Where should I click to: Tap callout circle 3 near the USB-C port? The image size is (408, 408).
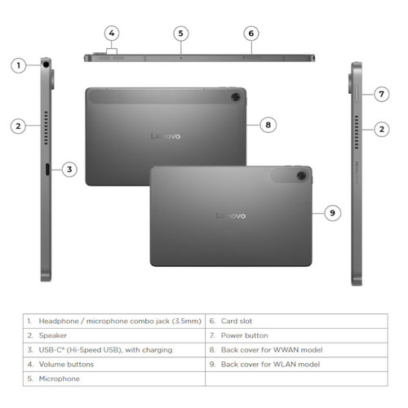[x=70, y=170]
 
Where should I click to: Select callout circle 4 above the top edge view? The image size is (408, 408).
[x=113, y=33]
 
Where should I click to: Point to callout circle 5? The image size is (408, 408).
[x=181, y=33]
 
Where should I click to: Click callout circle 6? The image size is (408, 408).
[x=251, y=33]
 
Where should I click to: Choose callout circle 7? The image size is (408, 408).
[x=380, y=94]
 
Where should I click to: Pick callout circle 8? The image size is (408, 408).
[x=268, y=125]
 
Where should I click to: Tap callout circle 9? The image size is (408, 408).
[x=332, y=212]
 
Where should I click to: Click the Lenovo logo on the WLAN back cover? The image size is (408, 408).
[x=230, y=215]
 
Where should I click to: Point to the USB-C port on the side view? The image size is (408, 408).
[x=48, y=169]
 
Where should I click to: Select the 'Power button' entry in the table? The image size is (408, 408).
[x=246, y=335]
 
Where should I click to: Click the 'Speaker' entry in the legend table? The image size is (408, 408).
[x=56, y=335]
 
